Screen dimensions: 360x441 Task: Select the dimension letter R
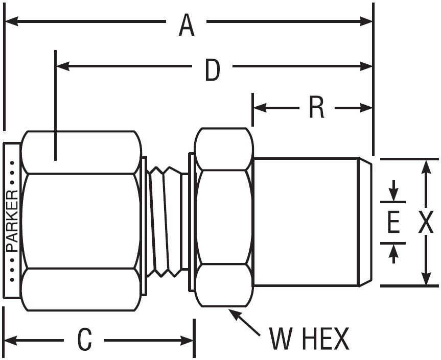coord(317,108)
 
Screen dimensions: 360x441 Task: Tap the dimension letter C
coord(85,339)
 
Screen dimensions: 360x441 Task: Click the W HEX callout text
coord(309,339)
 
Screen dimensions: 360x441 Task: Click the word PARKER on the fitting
coord(13,221)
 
